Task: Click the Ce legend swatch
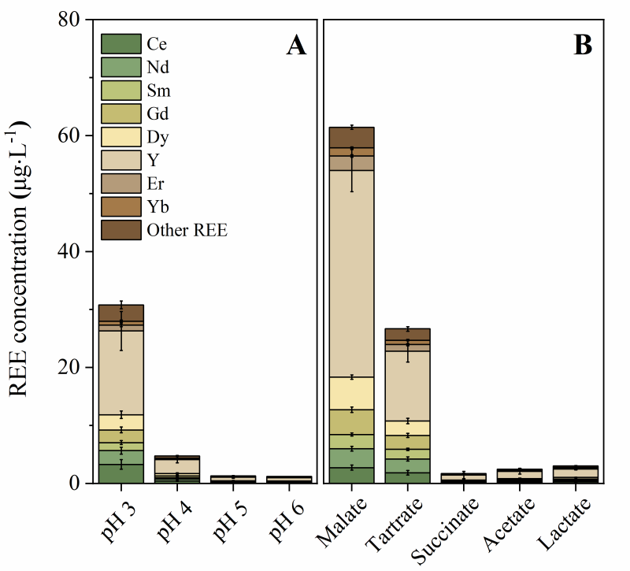tap(120, 44)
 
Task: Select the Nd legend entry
tap(120, 67)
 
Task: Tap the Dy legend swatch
tap(120, 137)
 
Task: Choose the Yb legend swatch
tap(120, 207)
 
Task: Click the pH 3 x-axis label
tap(117, 521)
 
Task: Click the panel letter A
tap(295, 46)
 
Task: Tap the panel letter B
tap(584, 46)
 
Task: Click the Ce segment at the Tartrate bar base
tap(407, 477)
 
